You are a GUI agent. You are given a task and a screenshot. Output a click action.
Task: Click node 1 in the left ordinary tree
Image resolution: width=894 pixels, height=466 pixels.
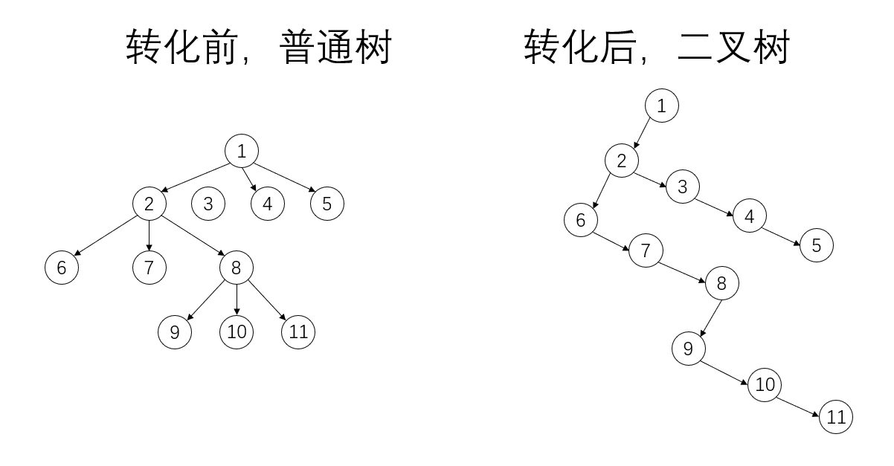click(x=241, y=152)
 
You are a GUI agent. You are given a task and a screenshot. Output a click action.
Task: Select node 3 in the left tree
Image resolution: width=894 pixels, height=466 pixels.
click(x=208, y=204)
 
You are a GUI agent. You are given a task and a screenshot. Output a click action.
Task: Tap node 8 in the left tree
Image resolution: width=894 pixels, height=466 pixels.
click(x=236, y=268)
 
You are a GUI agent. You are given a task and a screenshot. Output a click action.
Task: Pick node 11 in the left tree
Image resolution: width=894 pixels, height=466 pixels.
click(x=298, y=332)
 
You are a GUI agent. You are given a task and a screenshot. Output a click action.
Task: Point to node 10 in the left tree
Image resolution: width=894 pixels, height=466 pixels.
click(x=237, y=332)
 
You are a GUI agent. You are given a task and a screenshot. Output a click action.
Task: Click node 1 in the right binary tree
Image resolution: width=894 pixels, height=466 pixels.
click(x=661, y=106)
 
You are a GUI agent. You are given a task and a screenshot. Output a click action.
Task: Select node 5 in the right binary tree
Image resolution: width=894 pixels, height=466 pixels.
click(x=817, y=245)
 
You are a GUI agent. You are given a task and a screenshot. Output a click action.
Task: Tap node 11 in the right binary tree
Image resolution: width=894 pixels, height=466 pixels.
click(x=836, y=417)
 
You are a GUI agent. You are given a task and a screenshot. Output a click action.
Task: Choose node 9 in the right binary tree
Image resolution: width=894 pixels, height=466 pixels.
click(x=688, y=349)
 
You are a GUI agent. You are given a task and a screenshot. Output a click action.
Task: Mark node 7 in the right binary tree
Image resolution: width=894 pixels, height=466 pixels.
click(x=645, y=250)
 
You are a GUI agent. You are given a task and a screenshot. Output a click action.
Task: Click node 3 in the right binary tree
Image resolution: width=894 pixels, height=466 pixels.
click(x=682, y=186)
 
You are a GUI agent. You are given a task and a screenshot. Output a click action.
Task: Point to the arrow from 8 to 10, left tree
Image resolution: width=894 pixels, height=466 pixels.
click(x=237, y=300)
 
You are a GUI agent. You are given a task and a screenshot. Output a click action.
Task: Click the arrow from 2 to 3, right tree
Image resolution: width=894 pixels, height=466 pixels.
click(x=652, y=173)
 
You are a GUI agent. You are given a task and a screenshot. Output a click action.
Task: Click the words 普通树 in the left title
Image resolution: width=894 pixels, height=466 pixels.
click(x=335, y=49)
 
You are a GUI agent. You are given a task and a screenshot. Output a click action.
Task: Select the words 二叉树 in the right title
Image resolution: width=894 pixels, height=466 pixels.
click(x=733, y=49)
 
